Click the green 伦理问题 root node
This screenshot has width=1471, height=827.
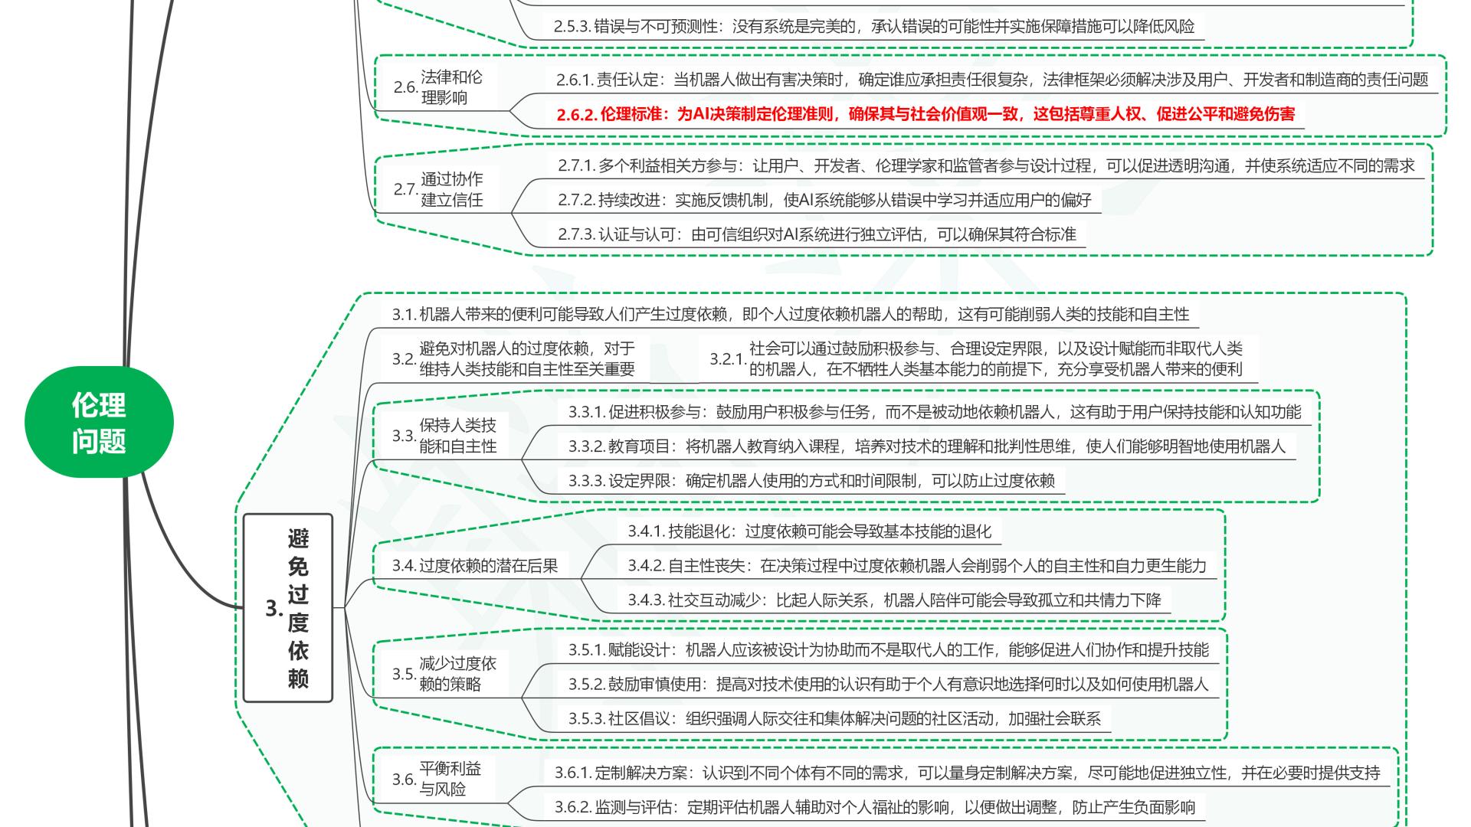pos(99,422)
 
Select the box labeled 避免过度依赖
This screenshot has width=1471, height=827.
pos(288,608)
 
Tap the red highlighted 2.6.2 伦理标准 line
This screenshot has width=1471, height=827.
pos(926,115)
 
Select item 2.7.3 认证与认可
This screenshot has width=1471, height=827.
pos(817,234)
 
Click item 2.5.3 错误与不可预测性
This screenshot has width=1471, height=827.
pos(873,27)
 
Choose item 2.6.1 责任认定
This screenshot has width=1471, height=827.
pos(992,80)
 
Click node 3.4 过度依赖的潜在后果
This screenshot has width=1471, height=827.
pos(475,566)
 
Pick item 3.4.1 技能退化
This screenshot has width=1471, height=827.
pos(809,531)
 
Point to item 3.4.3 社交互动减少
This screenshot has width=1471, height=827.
pos(894,600)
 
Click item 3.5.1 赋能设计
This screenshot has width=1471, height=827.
pos(888,650)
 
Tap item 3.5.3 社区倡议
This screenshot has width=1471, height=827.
pos(834,718)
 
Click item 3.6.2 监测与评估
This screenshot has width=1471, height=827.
pos(875,807)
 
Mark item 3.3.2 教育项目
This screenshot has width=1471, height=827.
pos(926,446)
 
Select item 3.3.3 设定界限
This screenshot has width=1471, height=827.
pos(811,481)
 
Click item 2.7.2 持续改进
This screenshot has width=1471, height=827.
pos(824,201)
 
